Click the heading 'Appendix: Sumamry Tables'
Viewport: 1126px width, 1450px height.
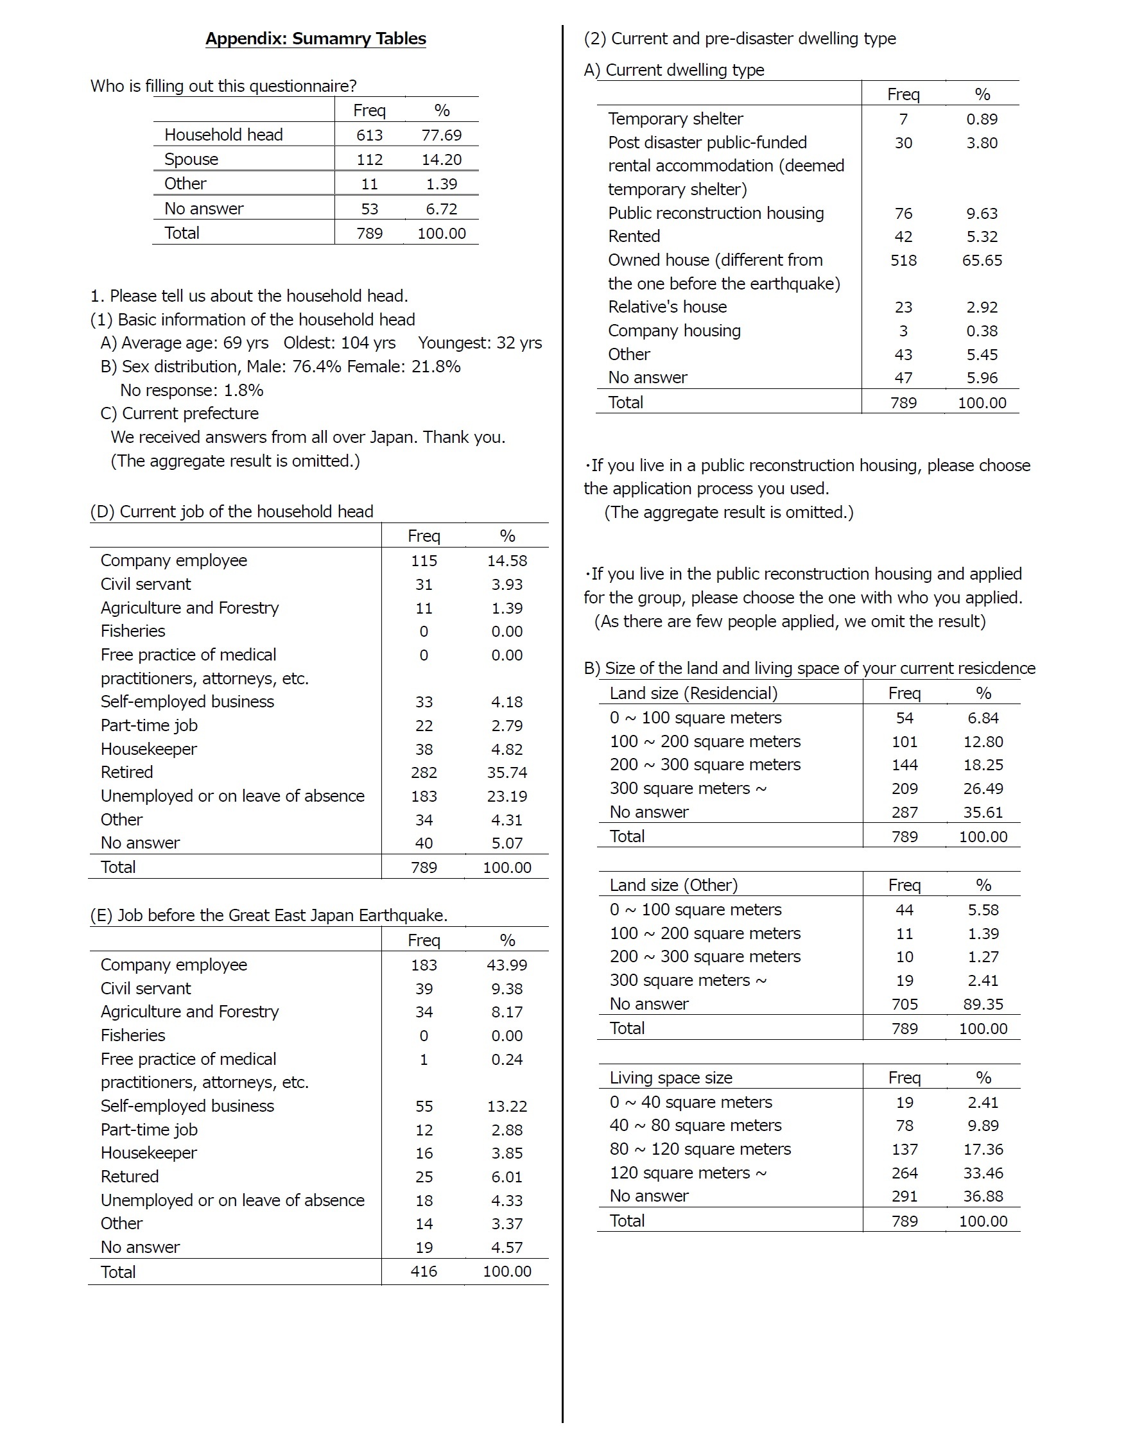(315, 39)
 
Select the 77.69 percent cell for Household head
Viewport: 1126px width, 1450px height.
(442, 135)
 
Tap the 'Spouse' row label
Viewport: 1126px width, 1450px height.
(191, 159)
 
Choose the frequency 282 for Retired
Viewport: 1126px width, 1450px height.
(424, 772)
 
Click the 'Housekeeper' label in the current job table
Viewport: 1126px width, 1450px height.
(149, 749)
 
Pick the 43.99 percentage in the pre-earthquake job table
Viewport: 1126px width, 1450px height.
(507, 965)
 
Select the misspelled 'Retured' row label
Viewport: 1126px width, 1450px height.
(130, 1177)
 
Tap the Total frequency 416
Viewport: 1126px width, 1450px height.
(424, 1272)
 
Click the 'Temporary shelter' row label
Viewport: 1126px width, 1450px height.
(675, 119)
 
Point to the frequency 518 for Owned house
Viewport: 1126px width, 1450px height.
(903, 260)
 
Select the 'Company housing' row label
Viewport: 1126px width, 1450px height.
(674, 331)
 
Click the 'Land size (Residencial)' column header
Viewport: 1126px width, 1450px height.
(693, 693)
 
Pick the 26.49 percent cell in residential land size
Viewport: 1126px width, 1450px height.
(983, 789)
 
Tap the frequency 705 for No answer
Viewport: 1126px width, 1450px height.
(905, 1005)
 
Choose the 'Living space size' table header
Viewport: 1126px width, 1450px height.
(671, 1078)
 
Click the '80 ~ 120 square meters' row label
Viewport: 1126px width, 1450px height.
(700, 1149)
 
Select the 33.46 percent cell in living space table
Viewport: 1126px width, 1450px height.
(983, 1173)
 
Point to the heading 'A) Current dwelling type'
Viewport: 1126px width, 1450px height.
(674, 70)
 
